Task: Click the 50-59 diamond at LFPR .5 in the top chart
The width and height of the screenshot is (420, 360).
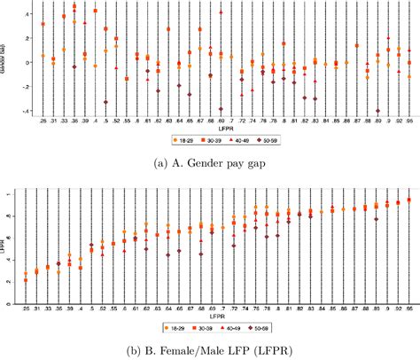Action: point(106,102)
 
